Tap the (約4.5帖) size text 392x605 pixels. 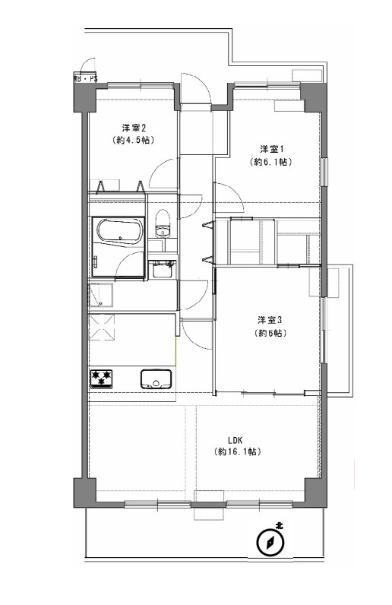133,141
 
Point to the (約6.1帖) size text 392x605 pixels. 271,162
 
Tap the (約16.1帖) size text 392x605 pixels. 237,451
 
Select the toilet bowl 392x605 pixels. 162,226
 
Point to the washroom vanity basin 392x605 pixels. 161,269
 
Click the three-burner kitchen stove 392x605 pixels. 101,378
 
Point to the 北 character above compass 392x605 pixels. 279,525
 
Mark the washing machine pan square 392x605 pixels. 101,293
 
